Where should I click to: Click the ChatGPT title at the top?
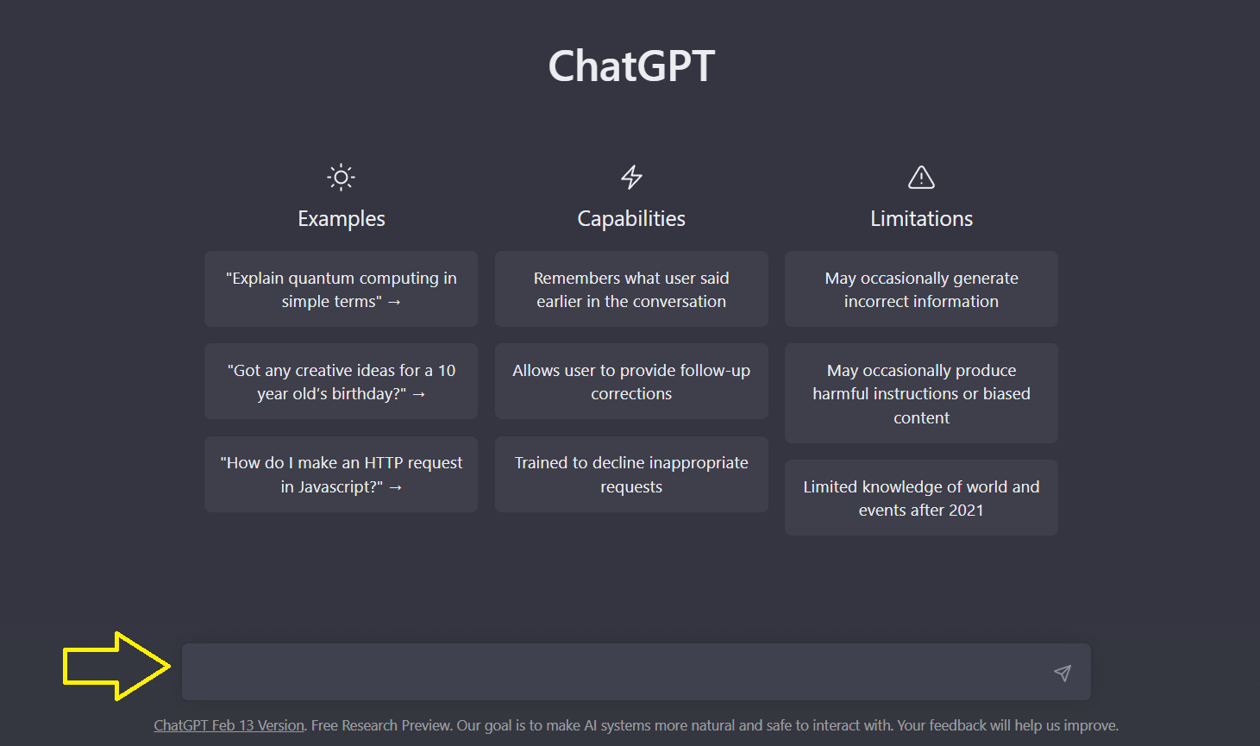click(x=631, y=66)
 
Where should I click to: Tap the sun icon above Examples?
click(x=341, y=178)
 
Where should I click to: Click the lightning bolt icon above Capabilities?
click(x=631, y=178)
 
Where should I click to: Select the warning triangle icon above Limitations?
click(x=921, y=178)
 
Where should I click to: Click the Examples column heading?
click(x=341, y=219)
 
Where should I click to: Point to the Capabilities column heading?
click(x=631, y=219)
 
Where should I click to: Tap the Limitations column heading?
click(x=921, y=219)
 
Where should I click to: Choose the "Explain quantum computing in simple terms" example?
click(x=341, y=289)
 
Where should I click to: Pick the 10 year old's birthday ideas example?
click(x=341, y=381)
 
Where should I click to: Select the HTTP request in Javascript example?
click(x=341, y=474)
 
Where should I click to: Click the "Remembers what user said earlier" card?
click(x=631, y=289)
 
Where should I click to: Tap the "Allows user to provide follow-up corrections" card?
click(x=631, y=381)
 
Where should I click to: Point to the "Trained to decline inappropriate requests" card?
click(x=631, y=474)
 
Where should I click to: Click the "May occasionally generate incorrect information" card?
click(x=921, y=289)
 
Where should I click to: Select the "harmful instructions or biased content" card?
click(x=921, y=393)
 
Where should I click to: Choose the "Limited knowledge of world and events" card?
click(x=921, y=498)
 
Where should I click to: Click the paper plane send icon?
click(x=1063, y=673)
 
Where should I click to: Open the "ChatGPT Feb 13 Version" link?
click(x=229, y=725)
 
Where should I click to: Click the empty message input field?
click(x=604, y=672)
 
